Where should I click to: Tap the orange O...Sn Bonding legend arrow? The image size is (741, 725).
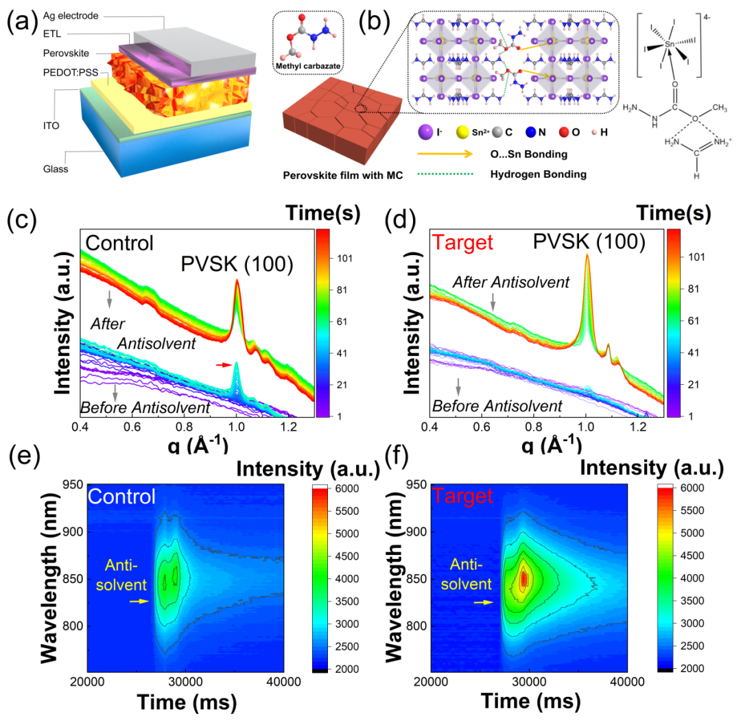coord(443,154)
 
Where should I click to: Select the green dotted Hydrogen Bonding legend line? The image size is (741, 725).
coord(443,175)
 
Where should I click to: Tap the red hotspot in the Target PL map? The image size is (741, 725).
coord(524,579)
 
